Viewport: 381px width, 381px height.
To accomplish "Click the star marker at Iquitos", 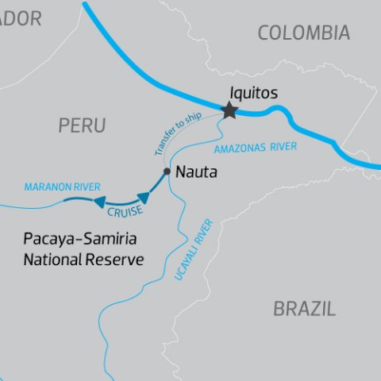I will tap(229, 110).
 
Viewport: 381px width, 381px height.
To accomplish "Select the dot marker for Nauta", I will tap(166, 171).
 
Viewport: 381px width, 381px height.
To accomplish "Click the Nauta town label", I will tap(195, 171).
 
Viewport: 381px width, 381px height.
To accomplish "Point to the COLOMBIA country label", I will tap(303, 33).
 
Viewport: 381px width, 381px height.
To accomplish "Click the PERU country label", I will tap(82, 125).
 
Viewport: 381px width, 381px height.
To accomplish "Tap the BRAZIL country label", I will tap(304, 309).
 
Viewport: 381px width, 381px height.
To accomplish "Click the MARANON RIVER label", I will tap(63, 187).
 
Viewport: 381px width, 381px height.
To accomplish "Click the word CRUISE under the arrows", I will tap(125, 211).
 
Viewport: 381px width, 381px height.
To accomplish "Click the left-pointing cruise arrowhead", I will tap(100, 202).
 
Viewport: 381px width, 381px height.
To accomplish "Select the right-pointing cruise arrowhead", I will tap(143, 197).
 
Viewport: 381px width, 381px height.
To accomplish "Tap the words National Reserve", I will tap(83, 259).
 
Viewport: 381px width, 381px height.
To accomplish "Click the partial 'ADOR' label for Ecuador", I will tap(20, 20).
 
